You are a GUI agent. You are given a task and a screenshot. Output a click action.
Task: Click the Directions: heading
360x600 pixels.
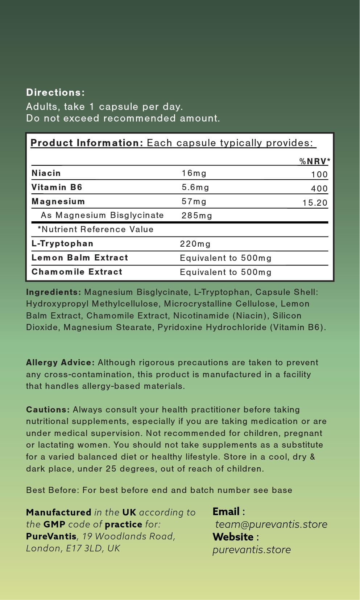click(x=55, y=93)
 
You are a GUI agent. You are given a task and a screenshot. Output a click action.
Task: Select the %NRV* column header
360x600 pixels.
click(x=315, y=161)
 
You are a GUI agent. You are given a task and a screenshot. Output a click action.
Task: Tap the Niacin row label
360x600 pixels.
click(x=46, y=173)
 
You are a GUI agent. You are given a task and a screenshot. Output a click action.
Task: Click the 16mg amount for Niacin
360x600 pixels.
click(x=194, y=173)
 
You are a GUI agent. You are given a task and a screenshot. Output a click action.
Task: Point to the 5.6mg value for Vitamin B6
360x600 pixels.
click(x=195, y=187)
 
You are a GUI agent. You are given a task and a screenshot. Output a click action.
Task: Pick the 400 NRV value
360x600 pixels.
click(x=319, y=189)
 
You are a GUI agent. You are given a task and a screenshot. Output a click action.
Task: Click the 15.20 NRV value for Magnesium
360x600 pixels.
click(x=315, y=203)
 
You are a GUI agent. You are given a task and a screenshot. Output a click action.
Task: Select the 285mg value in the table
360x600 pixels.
click(x=197, y=215)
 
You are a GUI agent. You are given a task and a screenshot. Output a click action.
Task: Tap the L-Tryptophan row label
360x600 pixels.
click(x=62, y=243)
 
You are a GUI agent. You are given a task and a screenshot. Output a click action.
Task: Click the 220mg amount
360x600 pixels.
click(x=195, y=244)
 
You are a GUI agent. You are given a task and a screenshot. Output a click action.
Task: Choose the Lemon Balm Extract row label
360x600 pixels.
click(x=80, y=258)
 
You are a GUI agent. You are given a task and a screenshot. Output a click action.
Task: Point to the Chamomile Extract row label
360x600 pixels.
click(x=77, y=272)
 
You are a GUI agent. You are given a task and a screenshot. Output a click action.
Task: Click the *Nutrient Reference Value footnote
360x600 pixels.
click(x=96, y=229)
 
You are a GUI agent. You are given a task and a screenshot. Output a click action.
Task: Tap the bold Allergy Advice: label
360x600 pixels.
click(x=60, y=362)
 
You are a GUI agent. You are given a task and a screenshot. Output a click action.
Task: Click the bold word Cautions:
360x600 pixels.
click(x=48, y=410)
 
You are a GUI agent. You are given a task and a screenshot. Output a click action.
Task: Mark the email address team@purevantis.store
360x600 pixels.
click(x=271, y=524)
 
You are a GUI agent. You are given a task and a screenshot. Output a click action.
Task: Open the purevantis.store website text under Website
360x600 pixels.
click(x=252, y=550)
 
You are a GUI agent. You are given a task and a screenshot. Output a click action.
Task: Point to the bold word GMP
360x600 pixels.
click(x=54, y=524)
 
